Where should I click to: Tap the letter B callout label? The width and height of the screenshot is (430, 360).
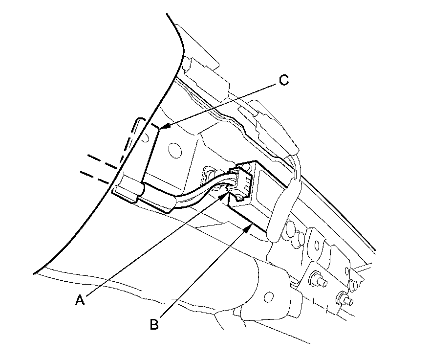[153, 324]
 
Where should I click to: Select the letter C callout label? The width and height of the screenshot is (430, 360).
[284, 80]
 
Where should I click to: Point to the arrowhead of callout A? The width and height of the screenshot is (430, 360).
[227, 195]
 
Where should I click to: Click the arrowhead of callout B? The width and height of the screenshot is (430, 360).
[251, 225]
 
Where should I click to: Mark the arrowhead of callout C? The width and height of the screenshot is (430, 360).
[162, 128]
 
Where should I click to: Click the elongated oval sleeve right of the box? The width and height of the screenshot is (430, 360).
[281, 205]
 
